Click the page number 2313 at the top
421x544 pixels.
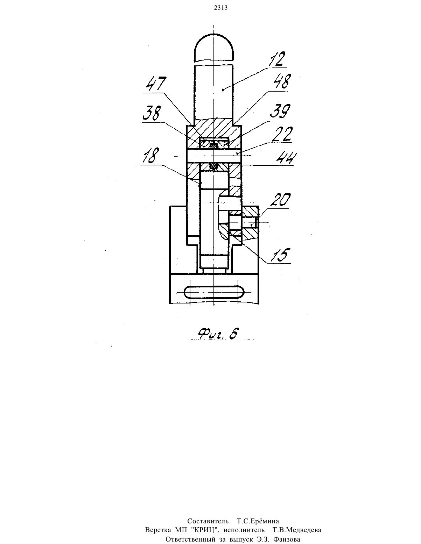tap(221, 8)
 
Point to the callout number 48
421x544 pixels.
tap(282, 81)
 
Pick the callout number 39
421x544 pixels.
tap(280, 111)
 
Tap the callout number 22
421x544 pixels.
tap(283, 134)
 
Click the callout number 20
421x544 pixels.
tap(280, 200)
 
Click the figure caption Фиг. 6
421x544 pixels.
tap(218, 334)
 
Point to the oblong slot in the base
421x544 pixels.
tap(214, 292)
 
